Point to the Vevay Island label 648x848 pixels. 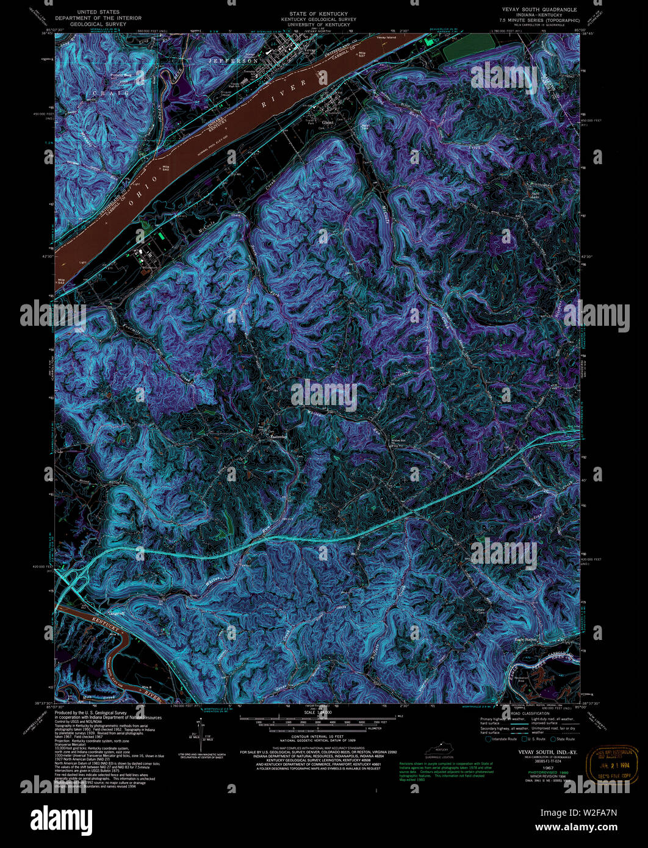387,38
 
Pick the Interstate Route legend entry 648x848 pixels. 502,739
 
